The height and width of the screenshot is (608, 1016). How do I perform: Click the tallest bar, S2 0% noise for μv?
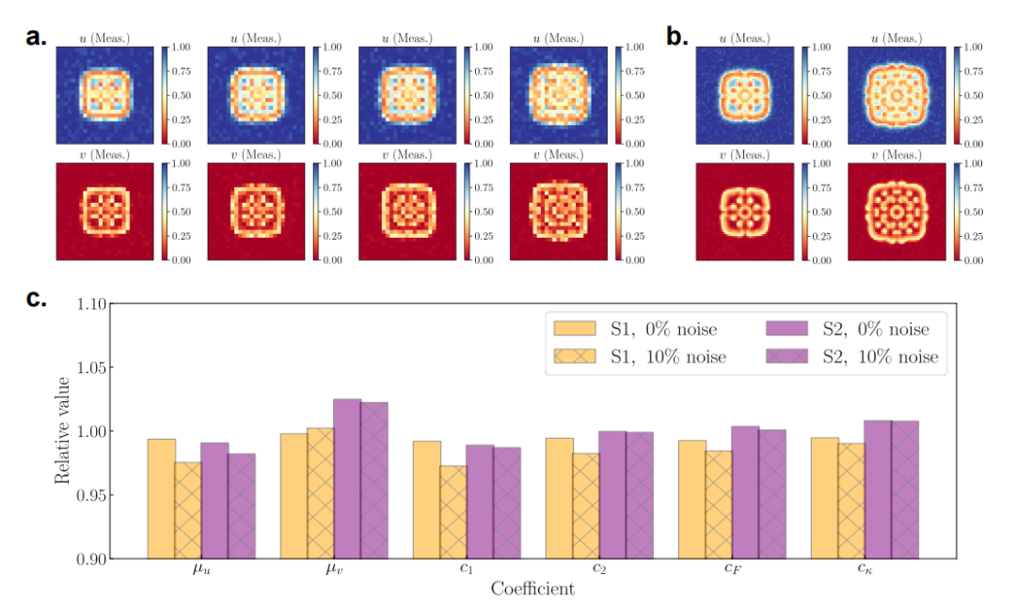[347, 479]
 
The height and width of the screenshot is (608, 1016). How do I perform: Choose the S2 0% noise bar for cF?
[744, 492]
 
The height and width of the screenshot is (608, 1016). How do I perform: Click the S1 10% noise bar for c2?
[587, 506]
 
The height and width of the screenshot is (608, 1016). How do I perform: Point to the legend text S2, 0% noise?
[883, 329]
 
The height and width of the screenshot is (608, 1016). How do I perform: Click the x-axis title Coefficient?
[532, 589]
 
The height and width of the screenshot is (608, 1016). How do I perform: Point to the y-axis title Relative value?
[62, 431]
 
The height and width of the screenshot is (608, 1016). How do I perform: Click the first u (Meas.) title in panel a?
[104, 38]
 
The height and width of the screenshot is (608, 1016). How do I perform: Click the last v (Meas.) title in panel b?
[895, 155]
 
